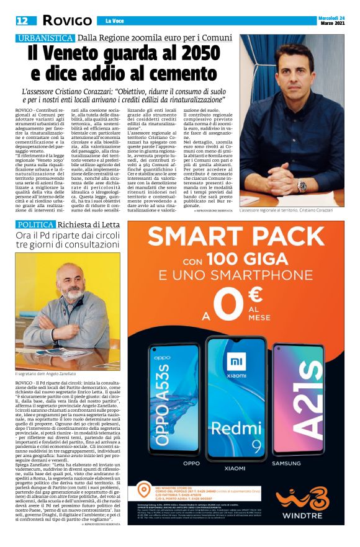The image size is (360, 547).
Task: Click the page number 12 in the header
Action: [22, 20]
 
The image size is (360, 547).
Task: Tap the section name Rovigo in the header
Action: [66, 20]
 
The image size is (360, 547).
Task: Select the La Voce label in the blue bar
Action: [114, 22]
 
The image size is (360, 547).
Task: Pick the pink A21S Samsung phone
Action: [297, 406]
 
